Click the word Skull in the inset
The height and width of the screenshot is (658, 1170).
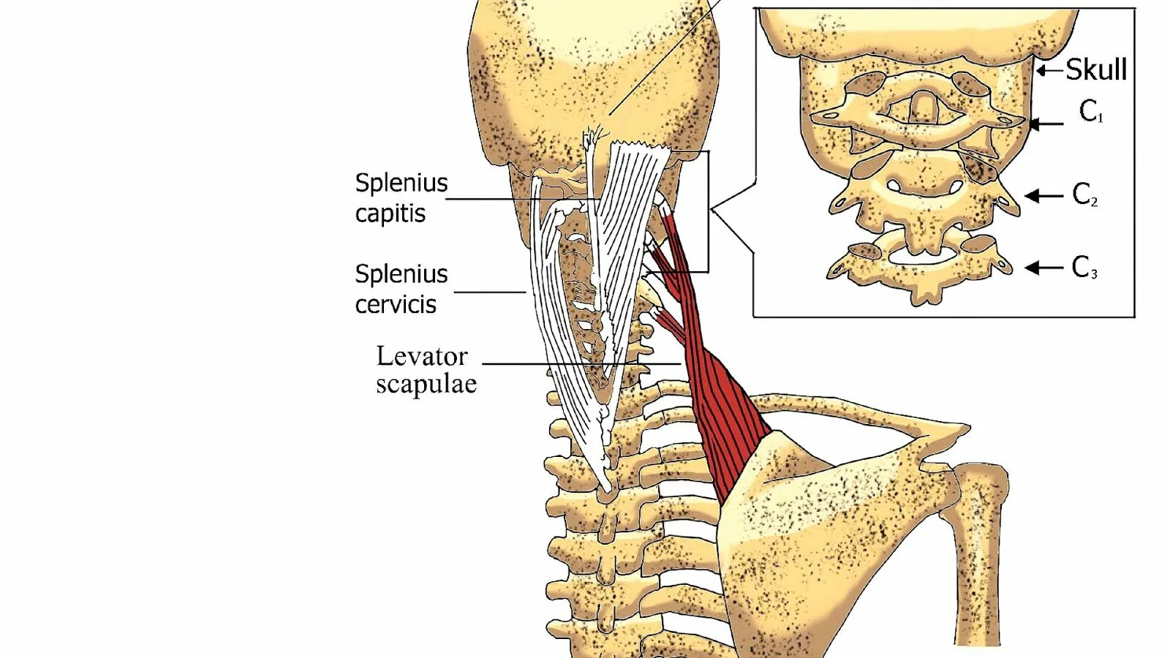point(1095,69)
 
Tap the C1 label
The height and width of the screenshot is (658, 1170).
point(1090,112)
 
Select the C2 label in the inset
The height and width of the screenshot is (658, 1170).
point(1084,194)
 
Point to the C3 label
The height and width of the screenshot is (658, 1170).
point(1084,268)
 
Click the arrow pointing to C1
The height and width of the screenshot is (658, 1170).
point(1046,124)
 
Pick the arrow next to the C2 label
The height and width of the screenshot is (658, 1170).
point(1043,195)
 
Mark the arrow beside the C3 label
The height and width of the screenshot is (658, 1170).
point(1043,268)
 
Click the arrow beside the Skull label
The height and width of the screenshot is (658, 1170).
point(1050,71)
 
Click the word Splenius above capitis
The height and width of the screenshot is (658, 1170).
point(401,183)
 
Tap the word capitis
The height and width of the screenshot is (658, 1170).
point(390,213)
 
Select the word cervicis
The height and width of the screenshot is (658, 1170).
point(395,304)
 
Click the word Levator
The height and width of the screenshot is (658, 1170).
point(422,356)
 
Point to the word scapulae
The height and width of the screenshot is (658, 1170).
point(426,384)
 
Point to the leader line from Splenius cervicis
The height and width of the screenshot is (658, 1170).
point(490,292)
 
